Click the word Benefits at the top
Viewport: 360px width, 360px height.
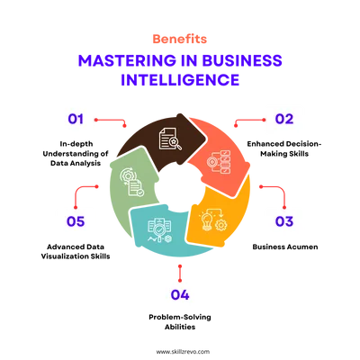(180, 39)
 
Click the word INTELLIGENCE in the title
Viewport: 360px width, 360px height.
(180, 79)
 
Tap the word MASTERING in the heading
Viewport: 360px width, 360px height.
(127, 60)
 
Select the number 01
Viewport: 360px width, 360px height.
(76, 119)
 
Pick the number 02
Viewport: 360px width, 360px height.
(284, 119)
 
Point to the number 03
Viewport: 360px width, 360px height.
(284, 221)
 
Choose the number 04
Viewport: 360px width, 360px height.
(180, 295)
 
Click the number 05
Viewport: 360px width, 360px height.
(76, 221)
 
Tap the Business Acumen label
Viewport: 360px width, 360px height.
(285, 247)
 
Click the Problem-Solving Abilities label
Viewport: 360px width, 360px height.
(180, 322)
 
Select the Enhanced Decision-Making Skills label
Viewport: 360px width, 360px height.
(284, 148)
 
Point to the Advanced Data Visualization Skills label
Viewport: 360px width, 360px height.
(76, 252)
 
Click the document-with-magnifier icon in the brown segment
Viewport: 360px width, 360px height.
(170, 139)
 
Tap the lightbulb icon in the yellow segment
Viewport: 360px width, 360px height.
(207, 221)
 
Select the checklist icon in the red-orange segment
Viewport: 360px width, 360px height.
(219, 162)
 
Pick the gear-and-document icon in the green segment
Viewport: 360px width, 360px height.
(132, 183)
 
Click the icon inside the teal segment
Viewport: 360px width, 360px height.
(160, 230)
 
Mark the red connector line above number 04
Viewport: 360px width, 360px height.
(180, 274)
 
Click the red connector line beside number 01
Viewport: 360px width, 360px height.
(111, 121)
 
